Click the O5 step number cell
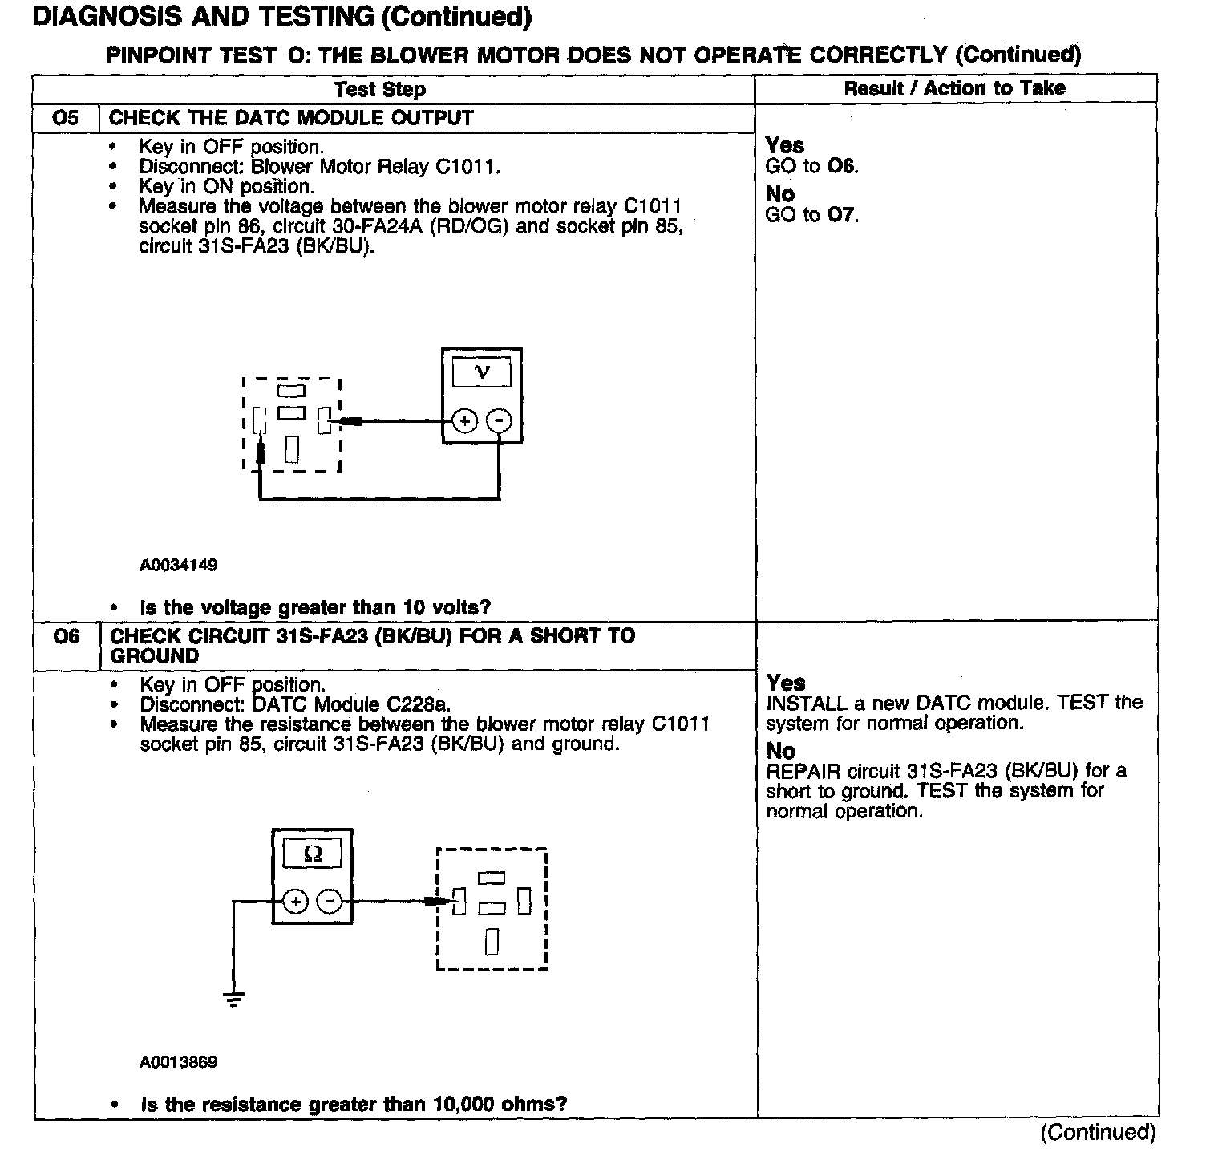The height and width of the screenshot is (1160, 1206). point(66,118)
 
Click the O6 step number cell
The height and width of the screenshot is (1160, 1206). point(67,637)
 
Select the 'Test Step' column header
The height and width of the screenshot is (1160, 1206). point(380,89)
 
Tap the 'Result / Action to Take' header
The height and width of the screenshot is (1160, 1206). point(954,88)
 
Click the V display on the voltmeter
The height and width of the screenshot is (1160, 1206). point(482,372)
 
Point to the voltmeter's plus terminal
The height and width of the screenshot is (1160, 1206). point(465,420)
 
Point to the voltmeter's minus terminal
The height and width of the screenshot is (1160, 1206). point(500,420)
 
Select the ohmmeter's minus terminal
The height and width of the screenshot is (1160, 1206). point(330,902)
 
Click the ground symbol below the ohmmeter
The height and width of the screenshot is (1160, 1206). point(234,999)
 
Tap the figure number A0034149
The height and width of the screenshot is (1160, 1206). point(178,565)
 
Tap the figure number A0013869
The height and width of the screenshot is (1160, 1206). point(178,1062)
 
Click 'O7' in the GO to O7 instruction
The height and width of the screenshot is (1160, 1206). point(841,215)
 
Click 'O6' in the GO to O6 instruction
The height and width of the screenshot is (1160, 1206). point(841,167)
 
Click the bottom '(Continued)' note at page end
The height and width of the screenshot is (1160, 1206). point(1098,1132)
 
